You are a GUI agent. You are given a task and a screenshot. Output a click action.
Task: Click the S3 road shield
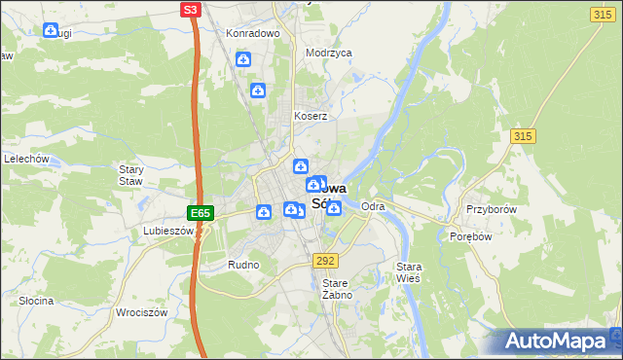coord(191,10)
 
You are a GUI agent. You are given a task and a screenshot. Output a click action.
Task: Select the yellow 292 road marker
coord(325,261)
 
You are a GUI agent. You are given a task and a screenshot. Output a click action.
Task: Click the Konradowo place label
coord(253,33)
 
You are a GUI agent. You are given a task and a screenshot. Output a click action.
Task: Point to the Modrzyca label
coord(328,54)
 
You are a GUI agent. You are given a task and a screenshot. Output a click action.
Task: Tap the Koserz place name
coord(311,116)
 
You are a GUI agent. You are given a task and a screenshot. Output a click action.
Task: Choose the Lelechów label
coord(26,158)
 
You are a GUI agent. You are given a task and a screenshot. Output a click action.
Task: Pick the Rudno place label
coord(242,265)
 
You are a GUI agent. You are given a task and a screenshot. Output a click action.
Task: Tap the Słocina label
coord(36,301)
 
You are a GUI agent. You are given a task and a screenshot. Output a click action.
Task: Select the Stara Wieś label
coord(408,271)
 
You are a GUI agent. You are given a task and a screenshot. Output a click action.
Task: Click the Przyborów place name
coord(490,209)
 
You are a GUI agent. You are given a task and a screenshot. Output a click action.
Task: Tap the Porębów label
coord(468,236)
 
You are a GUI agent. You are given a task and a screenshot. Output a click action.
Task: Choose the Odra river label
coord(373,207)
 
